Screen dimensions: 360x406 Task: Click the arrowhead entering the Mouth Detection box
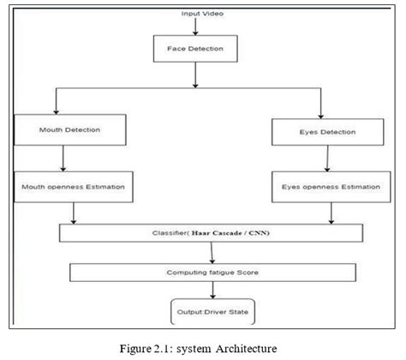[55, 112]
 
